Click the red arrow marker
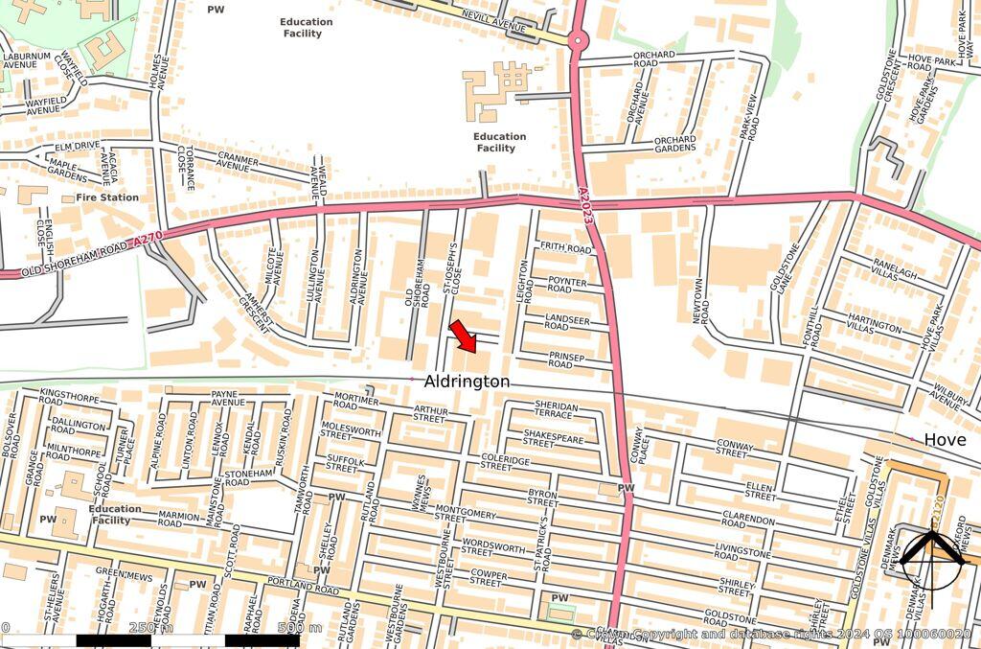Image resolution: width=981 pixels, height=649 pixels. click(x=463, y=336)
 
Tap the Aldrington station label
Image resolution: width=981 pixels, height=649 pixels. click(x=467, y=382)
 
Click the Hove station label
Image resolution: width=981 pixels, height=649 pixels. click(x=945, y=439)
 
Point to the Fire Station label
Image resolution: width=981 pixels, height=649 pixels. click(x=107, y=197)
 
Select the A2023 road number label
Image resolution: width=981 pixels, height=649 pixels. click(x=586, y=206)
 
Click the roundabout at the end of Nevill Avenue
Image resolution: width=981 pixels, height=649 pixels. click(x=578, y=41)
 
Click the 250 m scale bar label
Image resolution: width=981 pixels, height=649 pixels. click(x=151, y=628)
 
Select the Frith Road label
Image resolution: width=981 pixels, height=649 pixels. click(x=565, y=248)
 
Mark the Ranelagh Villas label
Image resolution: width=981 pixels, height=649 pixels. click(x=894, y=270)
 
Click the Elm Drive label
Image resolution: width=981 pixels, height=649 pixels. click(x=78, y=146)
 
